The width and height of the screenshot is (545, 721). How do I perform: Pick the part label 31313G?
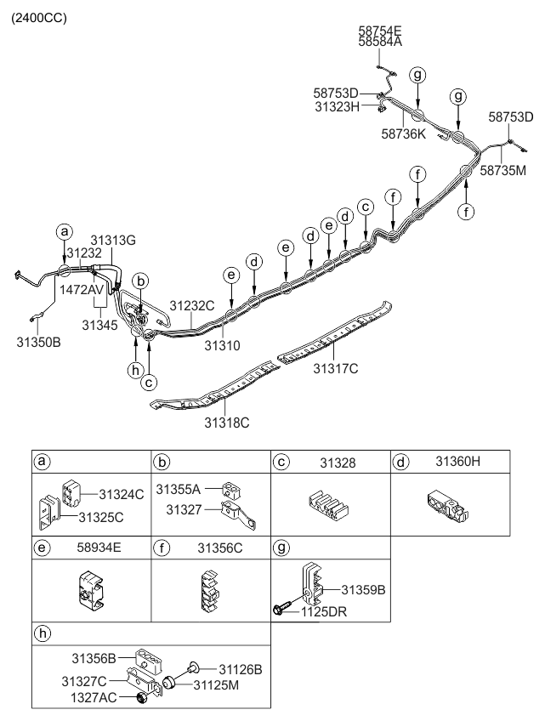click(113, 240)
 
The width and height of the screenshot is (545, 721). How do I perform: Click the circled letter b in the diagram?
click(142, 280)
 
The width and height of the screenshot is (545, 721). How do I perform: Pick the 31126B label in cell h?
click(240, 668)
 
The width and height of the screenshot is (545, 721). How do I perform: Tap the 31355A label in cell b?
click(183, 491)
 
